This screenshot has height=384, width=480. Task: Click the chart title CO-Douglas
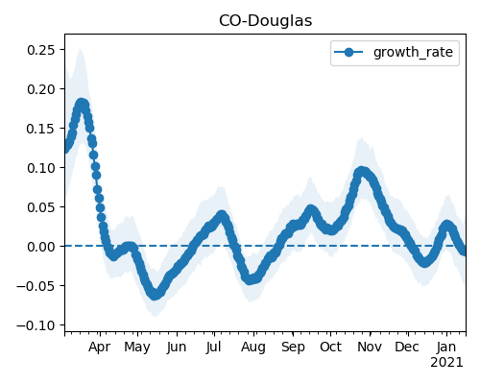[x=265, y=21]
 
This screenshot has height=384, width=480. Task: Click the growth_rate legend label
[x=413, y=52]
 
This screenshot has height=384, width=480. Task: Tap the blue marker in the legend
[x=348, y=52]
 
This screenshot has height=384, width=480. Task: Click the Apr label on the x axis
[x=100, y=348]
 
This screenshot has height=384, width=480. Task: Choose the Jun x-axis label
[x=177, y=348]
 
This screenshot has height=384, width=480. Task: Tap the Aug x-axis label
[x=253, y=348]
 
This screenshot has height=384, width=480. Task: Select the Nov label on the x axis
[x=370, y=348]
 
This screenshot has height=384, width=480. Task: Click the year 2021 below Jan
[x=446, y=363]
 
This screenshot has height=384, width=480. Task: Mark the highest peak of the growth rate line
[x=82, y=104]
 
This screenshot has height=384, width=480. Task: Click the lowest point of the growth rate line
[x=155, y=295]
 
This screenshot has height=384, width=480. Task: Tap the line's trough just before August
[x=251, y=279]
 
